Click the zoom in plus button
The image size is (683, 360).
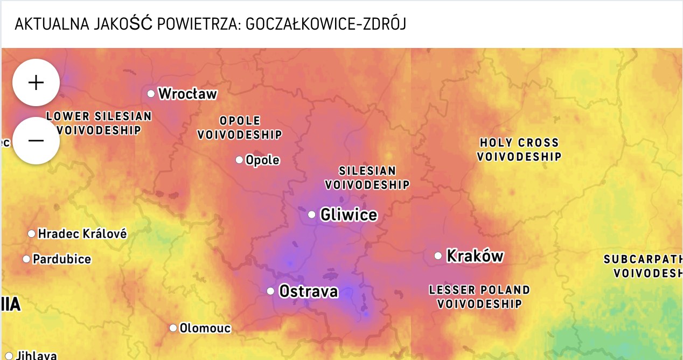(x=36, y=82)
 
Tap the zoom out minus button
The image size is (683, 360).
(x=36, y=141)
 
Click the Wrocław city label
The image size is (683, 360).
(x=187, y=94)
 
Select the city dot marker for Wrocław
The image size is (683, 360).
(x=151, y=94)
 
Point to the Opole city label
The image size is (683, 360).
(x=262, y=160)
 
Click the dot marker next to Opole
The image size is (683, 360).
(x=239, y=160)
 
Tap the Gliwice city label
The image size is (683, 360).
(x=349, y=215)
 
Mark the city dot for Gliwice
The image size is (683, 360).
(x=311, y=214)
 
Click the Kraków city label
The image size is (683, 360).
(x=475, y=255)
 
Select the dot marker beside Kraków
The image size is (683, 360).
(x=438, y=255)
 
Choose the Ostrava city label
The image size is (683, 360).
(x=308, y=292)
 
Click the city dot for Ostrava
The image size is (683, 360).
(x=270, y=291)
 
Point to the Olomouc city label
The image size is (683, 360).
(x=205, y=328)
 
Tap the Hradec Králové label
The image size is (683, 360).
(x=82, y=234)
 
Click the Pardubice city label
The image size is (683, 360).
(x=62, y=259)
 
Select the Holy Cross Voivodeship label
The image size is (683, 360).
(x=519, y=150)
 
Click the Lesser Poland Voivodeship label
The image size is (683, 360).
(x=479, y=297)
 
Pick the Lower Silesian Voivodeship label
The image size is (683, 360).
(x=99, y=123)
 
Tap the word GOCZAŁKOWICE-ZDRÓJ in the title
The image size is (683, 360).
(x=325, y=24)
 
